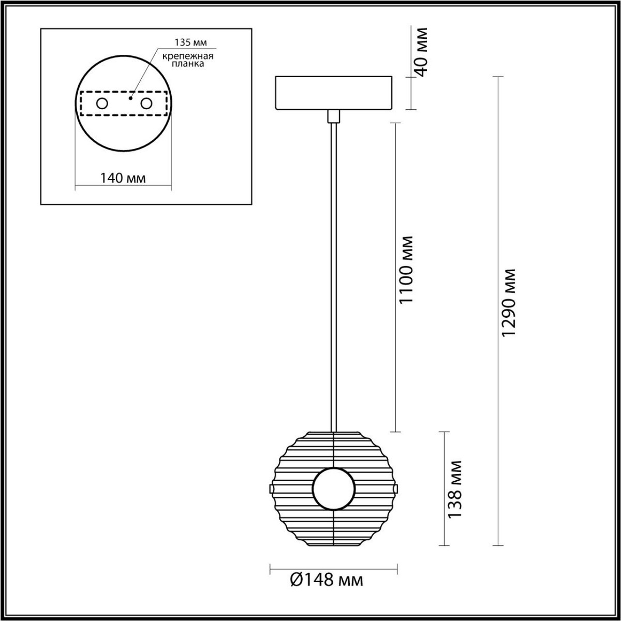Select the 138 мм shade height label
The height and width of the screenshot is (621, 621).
pyautogui.click(x=455, y=489)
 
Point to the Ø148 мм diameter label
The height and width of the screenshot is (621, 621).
pyautogui.click(x=327, y=580)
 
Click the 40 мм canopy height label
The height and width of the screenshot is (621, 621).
pyautogui.click(x=422, y=51)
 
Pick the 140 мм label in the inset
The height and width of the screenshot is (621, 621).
pyautogui.click(x=123, y=179)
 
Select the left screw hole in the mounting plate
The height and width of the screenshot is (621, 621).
pyautogui.click(x=102, y=103)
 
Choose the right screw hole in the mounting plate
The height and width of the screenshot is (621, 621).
pyautogui.click(x=147, y=103)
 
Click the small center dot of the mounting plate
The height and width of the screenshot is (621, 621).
pyautogui.click(x=130, y=97)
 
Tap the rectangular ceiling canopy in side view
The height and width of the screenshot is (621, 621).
pyautogui.click(x=334, y=93)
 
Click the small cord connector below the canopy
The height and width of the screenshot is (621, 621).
pyautogui.click(x=334, y=116)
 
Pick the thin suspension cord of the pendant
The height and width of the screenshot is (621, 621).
pyautogui.click(x=334, y=274)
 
